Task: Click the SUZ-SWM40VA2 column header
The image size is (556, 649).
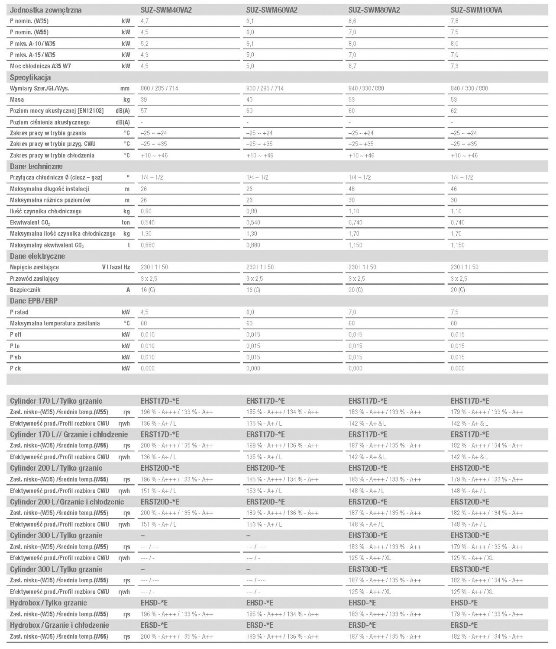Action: (x=166, y=10)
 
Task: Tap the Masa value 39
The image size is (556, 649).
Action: (x=144, y=100)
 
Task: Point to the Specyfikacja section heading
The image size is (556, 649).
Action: (x=30, y=77)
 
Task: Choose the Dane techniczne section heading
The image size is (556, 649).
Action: (x=36, y=167)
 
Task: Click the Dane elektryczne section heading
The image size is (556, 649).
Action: (x=38, y=256)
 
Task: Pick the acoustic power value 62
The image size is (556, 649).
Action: (x=454, y=111)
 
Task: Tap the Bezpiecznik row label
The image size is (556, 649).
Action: (x=25, y=290)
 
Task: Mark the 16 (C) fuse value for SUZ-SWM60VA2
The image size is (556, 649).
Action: (x=253, y=290)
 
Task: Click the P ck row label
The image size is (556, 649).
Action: (x=16, y=368)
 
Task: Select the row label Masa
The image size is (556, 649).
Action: (x=17, y=100)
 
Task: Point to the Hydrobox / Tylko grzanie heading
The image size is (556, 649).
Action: (x=48, y=603)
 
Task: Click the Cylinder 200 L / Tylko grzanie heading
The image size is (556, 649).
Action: (x=56, y=468)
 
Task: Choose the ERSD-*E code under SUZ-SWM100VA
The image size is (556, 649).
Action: (x=464, y=625)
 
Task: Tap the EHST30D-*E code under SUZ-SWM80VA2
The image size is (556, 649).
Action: (x=368, y=536)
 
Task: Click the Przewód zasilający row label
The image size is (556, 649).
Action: (x=34, y=279)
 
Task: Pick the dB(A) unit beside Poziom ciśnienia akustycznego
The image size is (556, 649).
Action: (x=123, y=122)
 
